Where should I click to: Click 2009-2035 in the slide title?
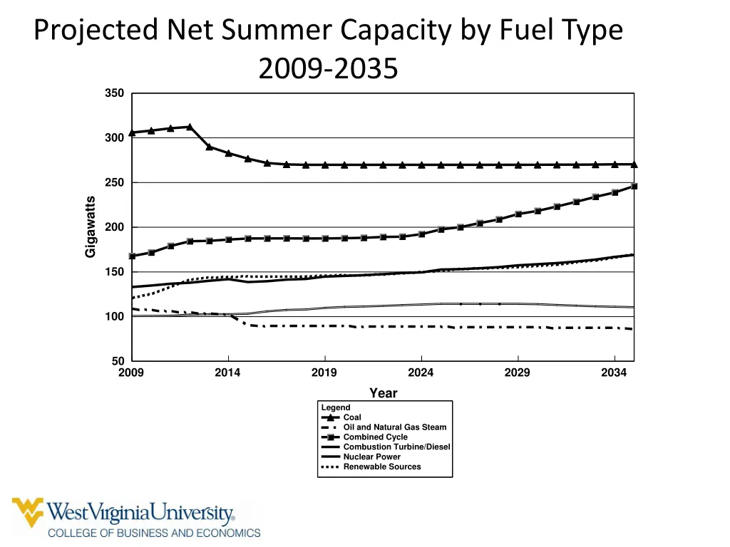(328, 70)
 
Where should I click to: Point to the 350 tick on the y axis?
(115, 93)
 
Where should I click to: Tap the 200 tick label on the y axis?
(115, 227)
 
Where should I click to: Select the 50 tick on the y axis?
(118, 361)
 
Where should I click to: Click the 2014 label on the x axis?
(227, 373)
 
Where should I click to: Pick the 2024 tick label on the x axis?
(421, 373)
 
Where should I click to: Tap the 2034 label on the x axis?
(614, 373)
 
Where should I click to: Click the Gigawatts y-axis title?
(91, 227)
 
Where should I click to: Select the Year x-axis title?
(383, 393)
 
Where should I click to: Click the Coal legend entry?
(352, 417)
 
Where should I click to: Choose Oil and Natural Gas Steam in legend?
(394, 427)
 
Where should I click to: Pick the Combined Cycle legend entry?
(375, 437)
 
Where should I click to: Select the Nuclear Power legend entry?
(371, 457)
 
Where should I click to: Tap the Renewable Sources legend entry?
(381, 467)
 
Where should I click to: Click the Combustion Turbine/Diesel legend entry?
(396, 447)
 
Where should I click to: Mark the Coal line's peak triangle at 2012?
(190, 127)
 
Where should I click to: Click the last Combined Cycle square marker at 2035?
(633, 186)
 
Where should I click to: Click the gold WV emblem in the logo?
(28, 512)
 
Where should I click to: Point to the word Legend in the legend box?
(336, 407)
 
